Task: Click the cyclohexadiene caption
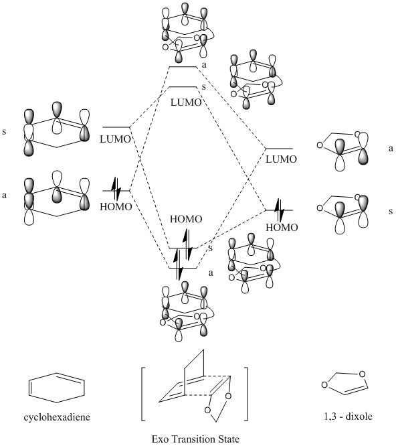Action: (x=57, y=417)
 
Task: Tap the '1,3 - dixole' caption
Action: (x=348, y=416)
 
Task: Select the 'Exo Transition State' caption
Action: (x=195, y=439)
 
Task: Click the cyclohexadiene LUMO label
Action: (x=115, y=139)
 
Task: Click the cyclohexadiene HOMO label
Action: (x=116, y=206)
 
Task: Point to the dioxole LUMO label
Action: (x=282, y=159)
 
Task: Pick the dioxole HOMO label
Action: (x=282, y=228)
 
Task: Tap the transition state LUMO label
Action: (x=186, y=102)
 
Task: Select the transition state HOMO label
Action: (x=186, y=219)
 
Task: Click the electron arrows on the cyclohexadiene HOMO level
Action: (x=116, y=189)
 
